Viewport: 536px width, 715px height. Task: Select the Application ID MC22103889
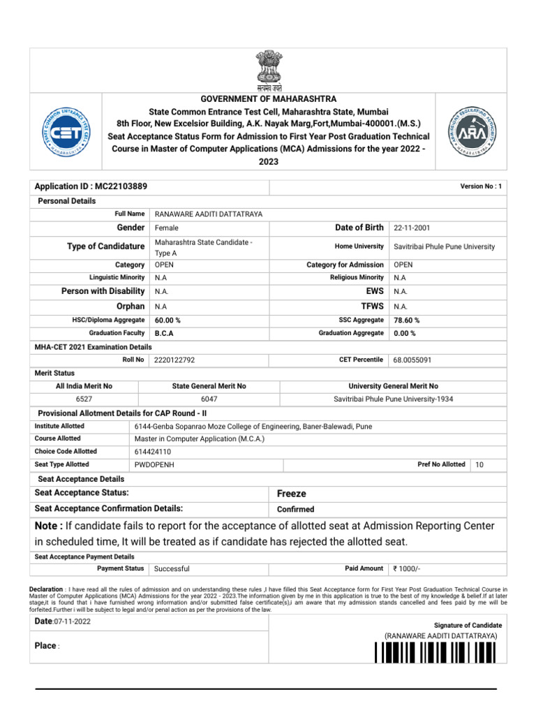click(x=91, y=187)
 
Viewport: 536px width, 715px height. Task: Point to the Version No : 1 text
click(x=481, y=186)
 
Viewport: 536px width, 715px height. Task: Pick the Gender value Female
click(x=167, y=228)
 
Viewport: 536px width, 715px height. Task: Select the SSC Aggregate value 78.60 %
click(x=407, y=320)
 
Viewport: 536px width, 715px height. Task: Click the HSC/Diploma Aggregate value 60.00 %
click(x=167, y=320)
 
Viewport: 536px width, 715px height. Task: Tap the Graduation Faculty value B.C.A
click(x=164, y=334)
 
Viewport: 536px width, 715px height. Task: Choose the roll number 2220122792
click(x=174, y=360)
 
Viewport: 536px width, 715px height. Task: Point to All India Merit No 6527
click(x=84, y=399)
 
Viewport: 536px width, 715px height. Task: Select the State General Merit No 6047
click(x=209, y=399)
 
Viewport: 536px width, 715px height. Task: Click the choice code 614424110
click(x=154, y=452)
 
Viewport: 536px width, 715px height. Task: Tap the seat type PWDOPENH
click(x=154, y=465)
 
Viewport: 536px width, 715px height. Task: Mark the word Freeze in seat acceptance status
click(x=292, y=494)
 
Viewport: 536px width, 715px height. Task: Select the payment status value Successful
click(x=172, y=569)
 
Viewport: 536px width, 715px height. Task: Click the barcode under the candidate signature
click(x=435, y=653)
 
